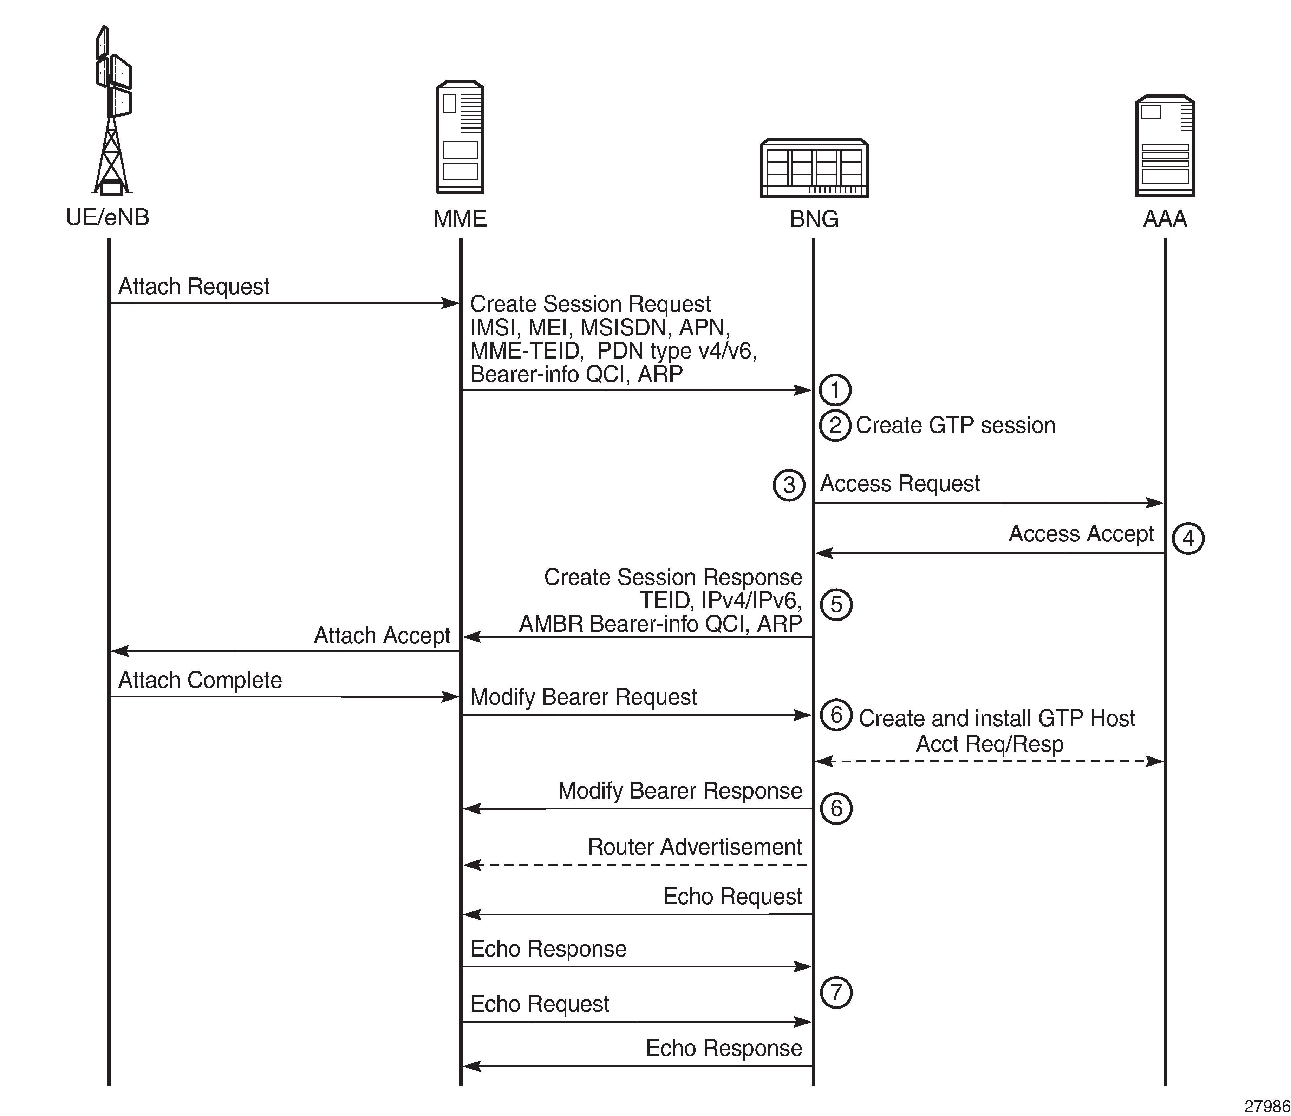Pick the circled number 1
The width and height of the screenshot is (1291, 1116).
[x=835, y=390]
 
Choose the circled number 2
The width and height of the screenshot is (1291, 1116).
[x=835, y=425]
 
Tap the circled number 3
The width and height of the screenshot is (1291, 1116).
[x=789, y=485]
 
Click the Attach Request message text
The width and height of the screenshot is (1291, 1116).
[x=194, y=287]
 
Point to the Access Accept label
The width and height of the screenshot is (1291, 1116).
[x=1081, y=534]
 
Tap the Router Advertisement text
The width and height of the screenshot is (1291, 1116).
[x=695, y=847]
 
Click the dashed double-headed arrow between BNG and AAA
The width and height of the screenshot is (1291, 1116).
[x=990, y=761]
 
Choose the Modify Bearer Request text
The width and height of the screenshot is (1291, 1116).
[x=583, y=697]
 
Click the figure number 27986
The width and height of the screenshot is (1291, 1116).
[x=1267, y=1106]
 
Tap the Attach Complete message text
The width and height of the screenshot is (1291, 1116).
[x=200, y=680]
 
